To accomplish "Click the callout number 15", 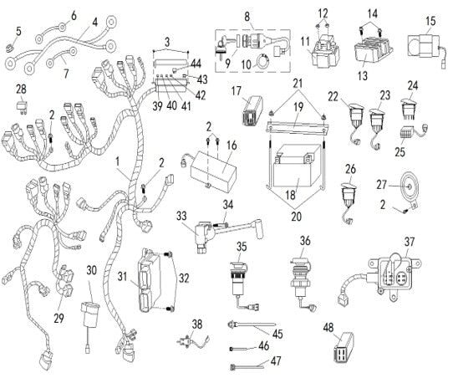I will point(431,19).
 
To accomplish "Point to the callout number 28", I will point(21,88).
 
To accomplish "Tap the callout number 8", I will point(247,15).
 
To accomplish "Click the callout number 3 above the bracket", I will point(168,41).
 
